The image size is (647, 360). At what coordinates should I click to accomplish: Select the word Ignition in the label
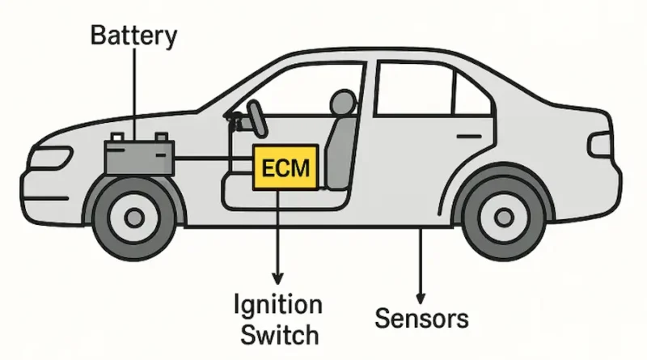coord(278,306)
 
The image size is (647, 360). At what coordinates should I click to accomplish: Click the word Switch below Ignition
coord(278,332)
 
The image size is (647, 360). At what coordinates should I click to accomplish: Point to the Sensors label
coord(421,318)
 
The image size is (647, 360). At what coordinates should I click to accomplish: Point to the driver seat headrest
coord(343,102)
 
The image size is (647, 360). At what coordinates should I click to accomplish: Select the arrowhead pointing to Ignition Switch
coord(277,279)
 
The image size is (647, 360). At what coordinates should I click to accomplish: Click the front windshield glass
coord(235,89)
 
